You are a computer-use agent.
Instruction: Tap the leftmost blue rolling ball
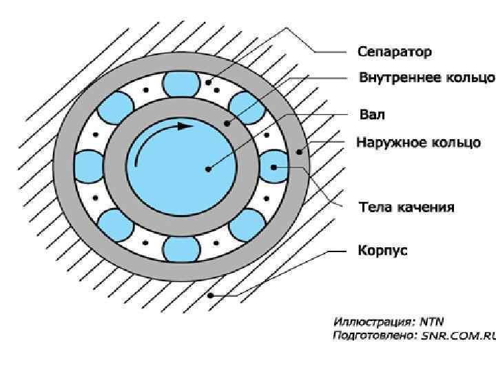click(x=89, y=166)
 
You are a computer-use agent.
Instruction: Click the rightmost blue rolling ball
click(x=273, y=166)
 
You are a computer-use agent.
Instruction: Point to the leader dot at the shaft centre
click(x=207, y=167)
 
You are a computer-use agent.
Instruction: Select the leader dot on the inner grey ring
click(x=226, y=124)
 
